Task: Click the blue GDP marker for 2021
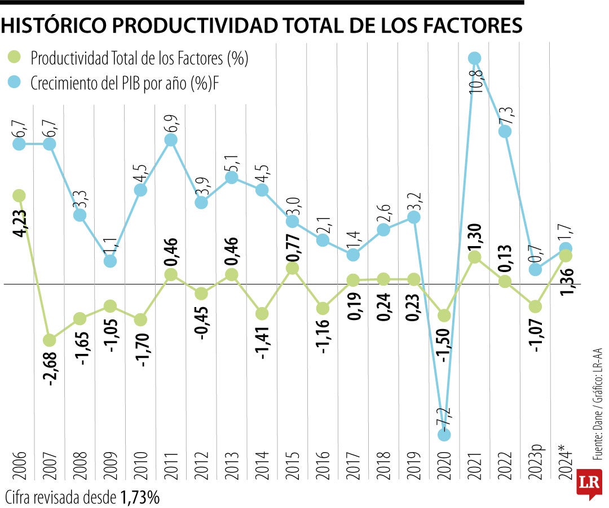(x=475, y=58)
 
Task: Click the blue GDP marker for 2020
(x=444, y=435)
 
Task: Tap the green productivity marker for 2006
(x=19, y=196)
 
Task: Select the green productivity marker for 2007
(x=50, y=340)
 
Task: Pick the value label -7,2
(x=444, y=416)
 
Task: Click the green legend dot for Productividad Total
(x=15, y=57)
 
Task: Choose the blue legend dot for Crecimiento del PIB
(x=15, y=83)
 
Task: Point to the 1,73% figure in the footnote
(x=140, y=497)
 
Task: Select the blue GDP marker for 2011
(x=172, y=140)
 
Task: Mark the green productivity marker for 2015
(x=292, y=268)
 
